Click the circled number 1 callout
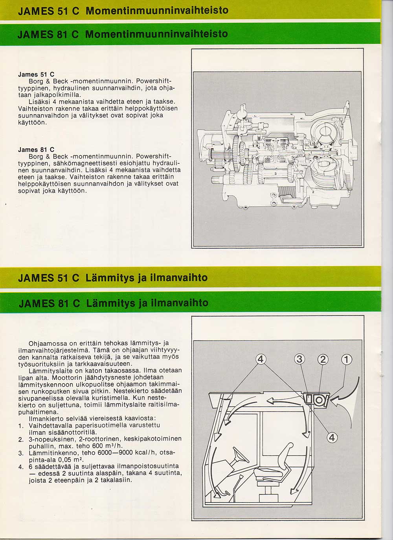point(347,359)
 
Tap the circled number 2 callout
point(323,359)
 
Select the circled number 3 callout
point(300,359)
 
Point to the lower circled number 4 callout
point(332,437)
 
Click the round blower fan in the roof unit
point(319,399)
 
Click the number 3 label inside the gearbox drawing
point(276,173)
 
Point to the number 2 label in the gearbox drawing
point(313,192)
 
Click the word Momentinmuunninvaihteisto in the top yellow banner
point(157,10)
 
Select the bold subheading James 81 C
point(36,150)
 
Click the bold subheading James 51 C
point(36,74)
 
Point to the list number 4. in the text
point(21,467)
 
